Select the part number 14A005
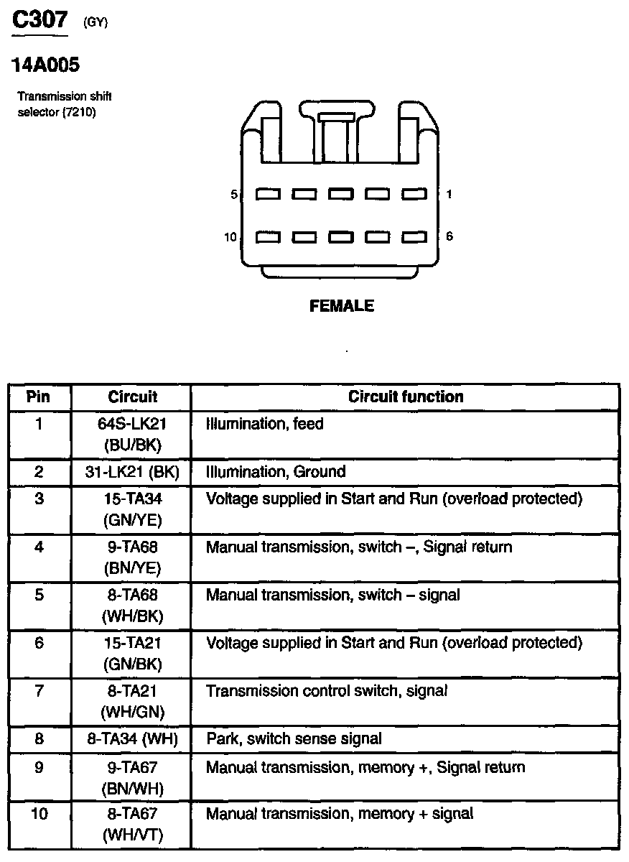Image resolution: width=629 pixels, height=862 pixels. click(45, 65)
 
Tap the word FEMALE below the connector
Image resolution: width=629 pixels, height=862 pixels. click(342, 306)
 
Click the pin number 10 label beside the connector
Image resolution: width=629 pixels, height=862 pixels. click(230, 237)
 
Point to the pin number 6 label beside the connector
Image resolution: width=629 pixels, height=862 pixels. click(449, 236)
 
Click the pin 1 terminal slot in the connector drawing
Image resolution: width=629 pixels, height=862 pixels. click(414, 194)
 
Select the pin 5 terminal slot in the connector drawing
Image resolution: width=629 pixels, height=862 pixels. click(269, 194)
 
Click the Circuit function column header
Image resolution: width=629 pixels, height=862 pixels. click(406, 397)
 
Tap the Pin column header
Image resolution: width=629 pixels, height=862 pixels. click(39, 397)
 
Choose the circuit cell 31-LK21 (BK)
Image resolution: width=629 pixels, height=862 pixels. click(132, 472)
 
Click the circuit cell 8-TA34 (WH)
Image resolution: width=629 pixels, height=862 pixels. click(132, 738)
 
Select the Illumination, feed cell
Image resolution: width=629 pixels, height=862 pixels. click(265, 424)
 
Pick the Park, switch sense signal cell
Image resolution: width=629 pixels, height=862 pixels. click(294, 738)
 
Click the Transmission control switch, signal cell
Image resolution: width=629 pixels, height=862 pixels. click(327, 691)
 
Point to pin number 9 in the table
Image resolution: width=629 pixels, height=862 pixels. click(39, 767)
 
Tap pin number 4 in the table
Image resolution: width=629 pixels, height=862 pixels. click(39, 547)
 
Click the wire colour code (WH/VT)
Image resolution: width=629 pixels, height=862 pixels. click(133, 836)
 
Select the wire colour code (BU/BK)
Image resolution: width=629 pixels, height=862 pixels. click(133, 445)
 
